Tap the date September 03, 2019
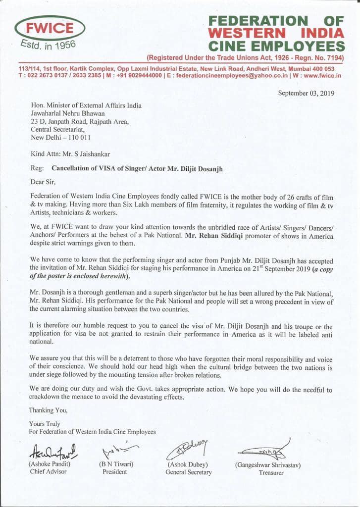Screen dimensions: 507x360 click(x=307, y=93)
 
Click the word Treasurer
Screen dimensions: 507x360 click(x=271, y=472)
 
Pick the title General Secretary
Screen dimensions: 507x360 click(x=189, y=472)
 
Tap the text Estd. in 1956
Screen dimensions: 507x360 click(x=48, y=47)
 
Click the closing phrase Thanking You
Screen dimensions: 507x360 click(x=48, y=410)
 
